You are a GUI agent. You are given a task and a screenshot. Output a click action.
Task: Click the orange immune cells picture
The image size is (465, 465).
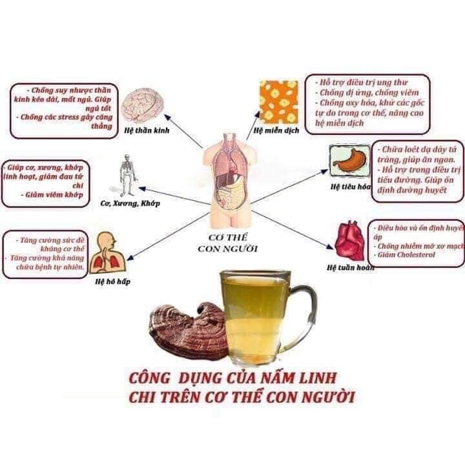280,102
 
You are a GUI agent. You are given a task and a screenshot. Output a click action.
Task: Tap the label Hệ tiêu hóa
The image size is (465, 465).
349,187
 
